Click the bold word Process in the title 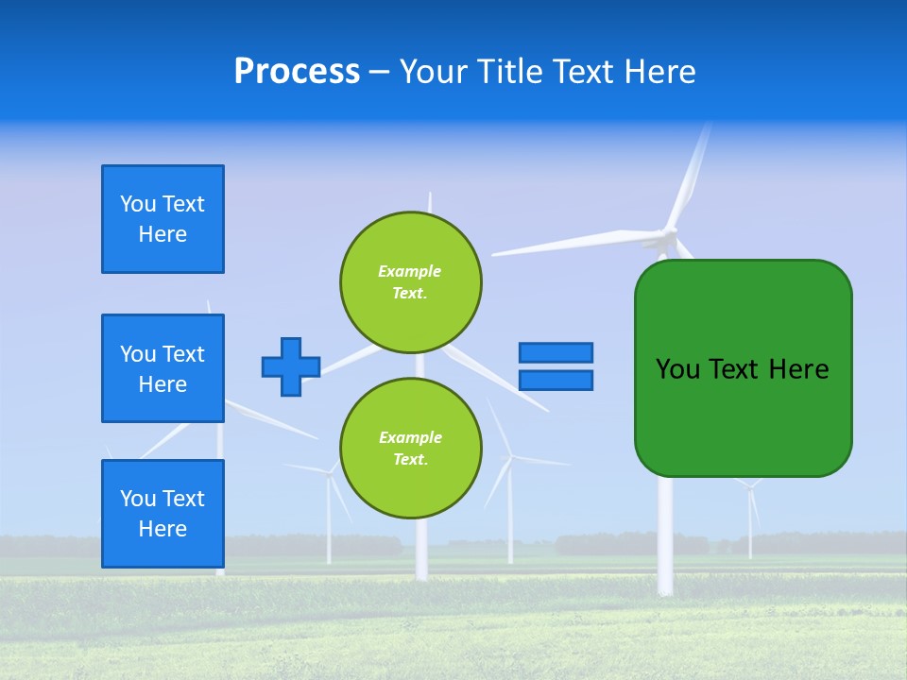(297, 72)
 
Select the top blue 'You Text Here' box (163, 219)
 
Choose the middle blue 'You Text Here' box (163, 368)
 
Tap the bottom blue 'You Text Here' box (163, 514)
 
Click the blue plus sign (290, 366)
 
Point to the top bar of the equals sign (556, 352)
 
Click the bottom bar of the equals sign (556, 380)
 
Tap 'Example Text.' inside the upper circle (410, 282)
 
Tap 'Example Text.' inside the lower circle (410, 449)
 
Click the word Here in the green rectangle (798, 369)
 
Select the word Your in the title (433, 72)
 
